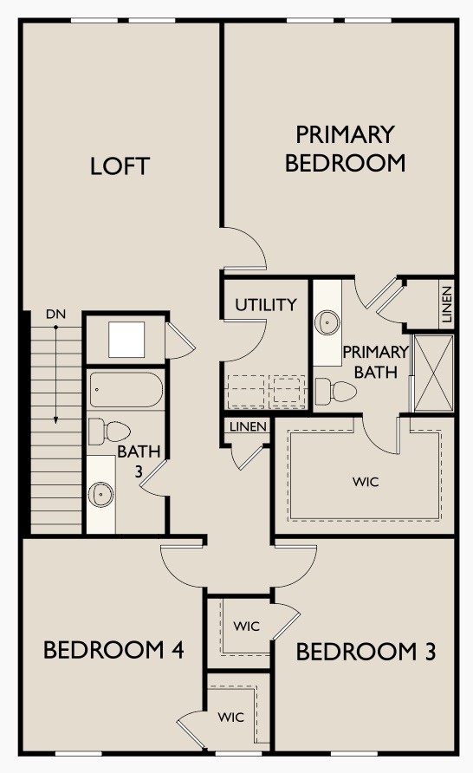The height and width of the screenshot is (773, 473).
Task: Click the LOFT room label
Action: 120,166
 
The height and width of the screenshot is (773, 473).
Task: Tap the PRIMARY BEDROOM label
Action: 345,148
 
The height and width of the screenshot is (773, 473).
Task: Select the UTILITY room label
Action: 265,305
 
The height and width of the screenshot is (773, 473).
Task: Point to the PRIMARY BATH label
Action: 374,362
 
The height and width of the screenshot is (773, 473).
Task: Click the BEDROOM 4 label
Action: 113,650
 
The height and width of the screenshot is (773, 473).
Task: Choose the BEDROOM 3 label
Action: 366,652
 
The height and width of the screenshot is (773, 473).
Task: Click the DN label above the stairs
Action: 56,314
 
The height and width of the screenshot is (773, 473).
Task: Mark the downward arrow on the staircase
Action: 56,373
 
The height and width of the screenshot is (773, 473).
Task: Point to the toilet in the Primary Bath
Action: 334,392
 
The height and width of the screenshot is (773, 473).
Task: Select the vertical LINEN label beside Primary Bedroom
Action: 445,305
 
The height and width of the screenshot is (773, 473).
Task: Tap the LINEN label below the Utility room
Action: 248,427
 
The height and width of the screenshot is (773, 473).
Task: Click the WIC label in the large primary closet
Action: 366,482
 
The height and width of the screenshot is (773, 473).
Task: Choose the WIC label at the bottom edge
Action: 230,718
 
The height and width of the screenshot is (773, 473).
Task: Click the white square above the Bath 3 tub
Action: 126,339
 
